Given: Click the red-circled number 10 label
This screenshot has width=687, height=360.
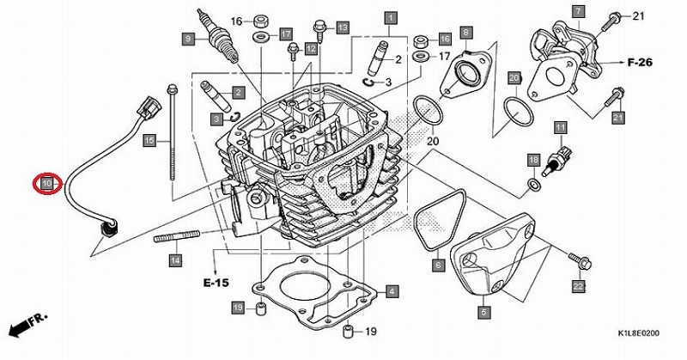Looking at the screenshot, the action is coord(46,183).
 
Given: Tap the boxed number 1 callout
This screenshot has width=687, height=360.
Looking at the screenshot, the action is coord(391,18).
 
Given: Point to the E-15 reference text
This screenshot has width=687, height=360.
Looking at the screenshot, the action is coord(216,283).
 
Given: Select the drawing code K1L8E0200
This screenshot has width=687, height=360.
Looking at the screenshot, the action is coord(638,333).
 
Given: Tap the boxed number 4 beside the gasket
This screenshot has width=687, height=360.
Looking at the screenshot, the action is coord(392,291).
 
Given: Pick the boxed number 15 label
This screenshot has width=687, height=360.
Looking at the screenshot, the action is coord(149,140).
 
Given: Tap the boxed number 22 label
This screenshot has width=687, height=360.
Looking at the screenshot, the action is coord(579,287).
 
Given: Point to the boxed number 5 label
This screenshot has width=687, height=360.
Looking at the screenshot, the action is coord(483,313).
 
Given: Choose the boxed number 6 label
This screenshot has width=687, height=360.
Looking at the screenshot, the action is coord(439,265).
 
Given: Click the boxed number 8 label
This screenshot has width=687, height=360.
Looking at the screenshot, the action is coord(465,32).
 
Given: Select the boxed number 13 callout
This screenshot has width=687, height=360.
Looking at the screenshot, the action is coord(343,27).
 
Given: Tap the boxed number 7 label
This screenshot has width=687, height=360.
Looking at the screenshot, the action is coord(578,11).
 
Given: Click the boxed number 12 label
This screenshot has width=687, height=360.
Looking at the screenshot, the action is coord(311,48).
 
